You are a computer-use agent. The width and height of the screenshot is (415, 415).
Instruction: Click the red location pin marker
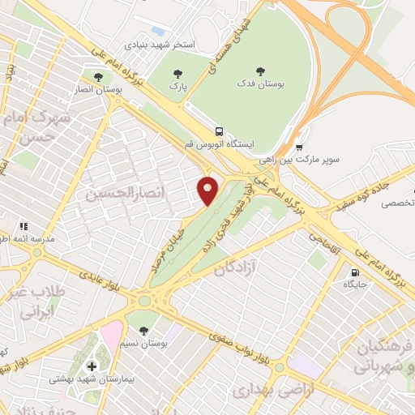point(207,190)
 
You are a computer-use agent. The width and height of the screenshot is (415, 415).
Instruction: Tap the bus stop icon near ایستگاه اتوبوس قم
point(219,131)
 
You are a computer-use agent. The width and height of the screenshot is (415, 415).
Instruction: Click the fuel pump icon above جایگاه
point(355,272)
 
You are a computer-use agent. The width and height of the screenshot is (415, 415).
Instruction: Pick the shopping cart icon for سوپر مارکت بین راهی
point(299,147)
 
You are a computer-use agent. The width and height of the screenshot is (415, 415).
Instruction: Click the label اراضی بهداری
point(263,391)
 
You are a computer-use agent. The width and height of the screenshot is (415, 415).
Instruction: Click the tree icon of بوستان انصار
point(98,78)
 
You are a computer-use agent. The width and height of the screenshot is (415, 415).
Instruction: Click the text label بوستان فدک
point(259,83)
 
